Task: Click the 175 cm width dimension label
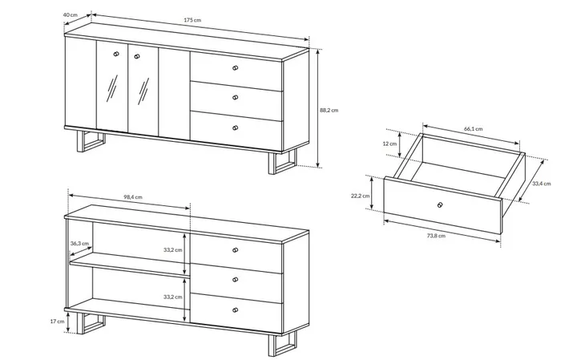pos(192,20)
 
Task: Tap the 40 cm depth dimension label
pos(71,15)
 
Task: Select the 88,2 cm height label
pos(329,110)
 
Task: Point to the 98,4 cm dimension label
pos(133,197)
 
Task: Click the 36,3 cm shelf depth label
pos(80,244)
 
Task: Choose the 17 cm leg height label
pos(57,322)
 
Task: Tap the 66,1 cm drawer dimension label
pos(473,129)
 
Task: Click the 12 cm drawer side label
pos(389,144)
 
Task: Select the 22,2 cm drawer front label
pos(360,196)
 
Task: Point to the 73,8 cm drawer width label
pos(436,236)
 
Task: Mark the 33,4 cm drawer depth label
pos(542,184)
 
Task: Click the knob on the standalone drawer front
pos(440,204)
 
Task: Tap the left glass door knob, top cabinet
pos(115,55)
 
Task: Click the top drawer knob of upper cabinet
pos(235,68)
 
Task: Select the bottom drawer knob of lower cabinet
pos(235,310)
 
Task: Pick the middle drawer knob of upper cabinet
pos(235,98)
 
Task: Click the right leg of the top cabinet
pos(282,163)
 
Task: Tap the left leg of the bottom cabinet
pos(91,324)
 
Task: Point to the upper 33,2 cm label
pos(173,250)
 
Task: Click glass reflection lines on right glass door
pos(143,91)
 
